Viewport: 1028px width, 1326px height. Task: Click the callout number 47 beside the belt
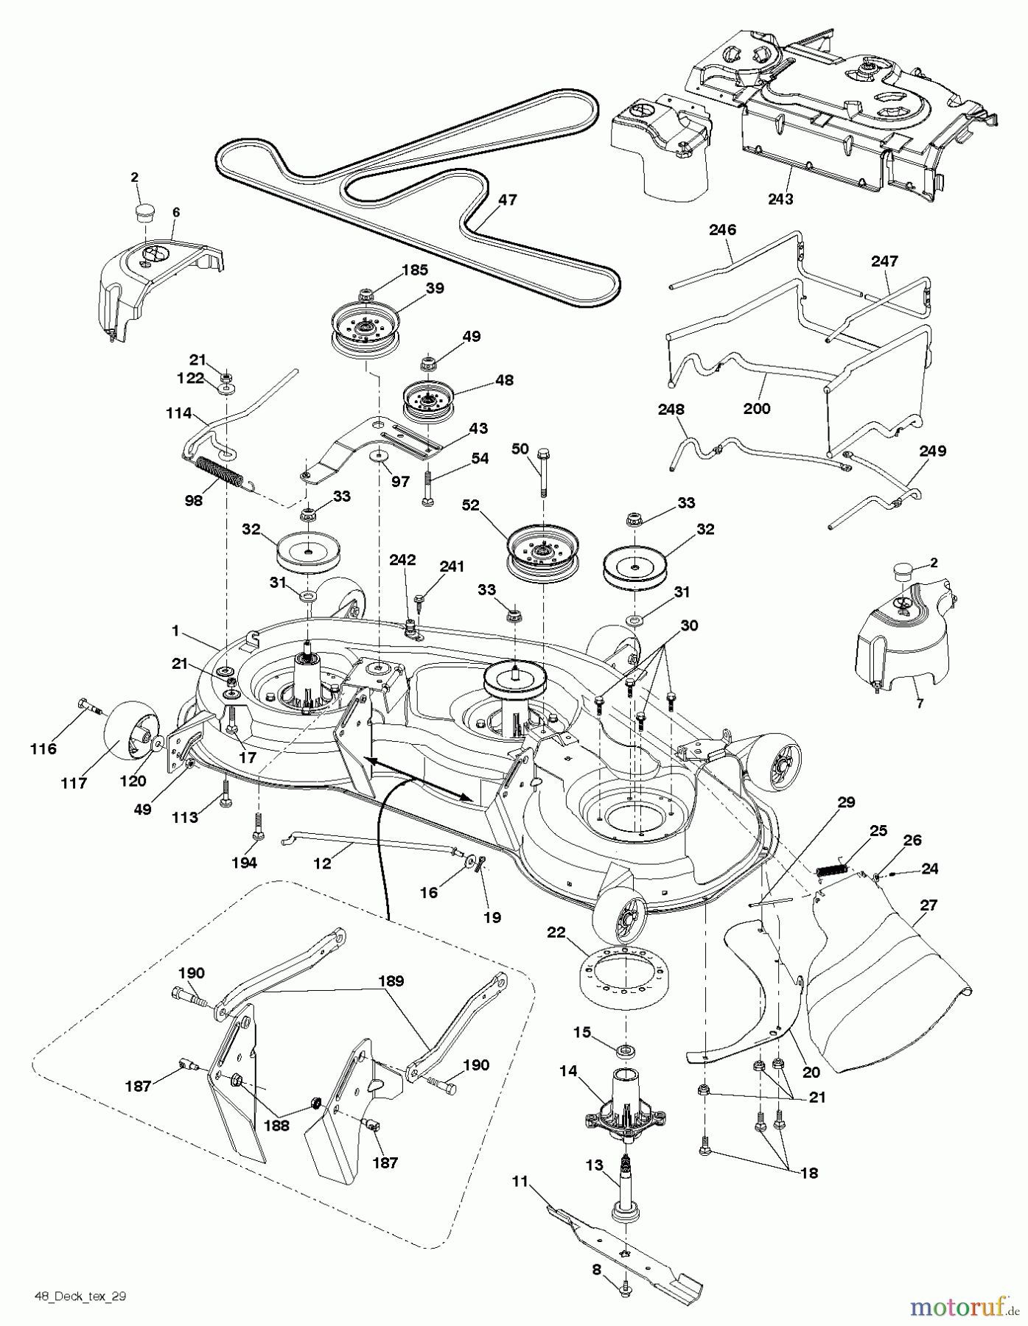[507, 200]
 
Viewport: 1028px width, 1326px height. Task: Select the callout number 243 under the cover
[780, 199]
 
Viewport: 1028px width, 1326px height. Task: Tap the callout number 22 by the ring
[556, 933]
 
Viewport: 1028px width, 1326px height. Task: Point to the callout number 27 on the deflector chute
[928, 905]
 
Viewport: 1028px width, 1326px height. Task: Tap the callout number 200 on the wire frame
[757, 409]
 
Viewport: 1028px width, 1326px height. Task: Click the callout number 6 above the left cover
[175, 212]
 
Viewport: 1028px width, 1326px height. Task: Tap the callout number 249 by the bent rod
[932, 451]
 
